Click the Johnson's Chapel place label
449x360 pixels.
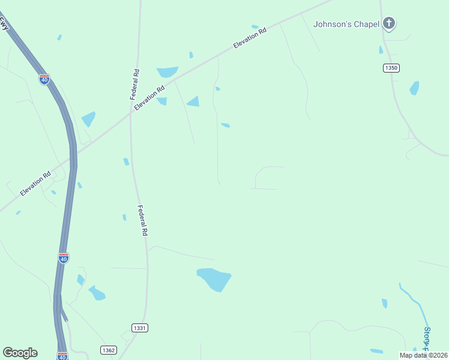[x=346, y=24]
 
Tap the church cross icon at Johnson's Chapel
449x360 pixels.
[x=389, y=23]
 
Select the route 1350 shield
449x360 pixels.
[x=391, y=68]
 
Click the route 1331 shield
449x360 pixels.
[x=139, y=328]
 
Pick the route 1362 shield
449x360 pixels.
[x=108, y=350]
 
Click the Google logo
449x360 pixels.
[x=20, y=353]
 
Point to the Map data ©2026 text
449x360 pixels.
[x=423, y=355]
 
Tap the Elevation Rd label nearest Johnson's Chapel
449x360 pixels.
[x=250, y=40]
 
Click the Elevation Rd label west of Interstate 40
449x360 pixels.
[x=35, y=184]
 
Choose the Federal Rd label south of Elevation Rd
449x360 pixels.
[x=142, y=220]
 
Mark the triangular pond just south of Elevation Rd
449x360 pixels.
[x=193, y=101]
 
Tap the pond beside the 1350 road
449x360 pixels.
[x=414, y=88]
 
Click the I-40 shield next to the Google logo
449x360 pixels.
[x=62, y=356]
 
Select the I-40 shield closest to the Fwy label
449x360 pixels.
[x=44, y=79]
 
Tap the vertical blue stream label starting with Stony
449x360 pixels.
[x=427, y=339]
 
